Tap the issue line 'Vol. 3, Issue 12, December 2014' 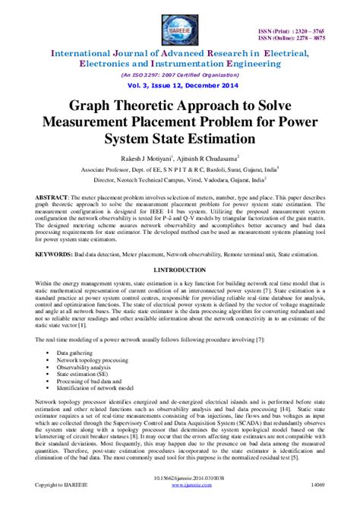[179, 88]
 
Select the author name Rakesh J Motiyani [141, 159]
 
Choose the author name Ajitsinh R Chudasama [210, 159]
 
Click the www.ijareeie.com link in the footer [180, 502]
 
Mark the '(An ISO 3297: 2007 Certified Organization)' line [179, 76]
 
